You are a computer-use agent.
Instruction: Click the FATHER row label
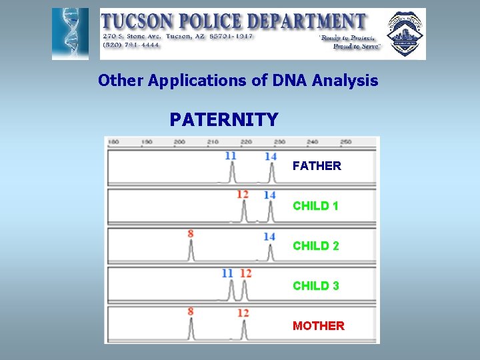coord(317,166)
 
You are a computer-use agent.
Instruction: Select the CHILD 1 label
coord(315,206)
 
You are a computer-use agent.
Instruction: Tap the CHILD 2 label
coord(315,246)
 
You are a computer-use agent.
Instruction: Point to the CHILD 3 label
coord(315,286)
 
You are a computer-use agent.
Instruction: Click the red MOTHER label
coord(318,326)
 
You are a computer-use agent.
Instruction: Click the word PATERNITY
coord(223,120)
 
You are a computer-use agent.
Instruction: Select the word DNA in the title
coord(288,81)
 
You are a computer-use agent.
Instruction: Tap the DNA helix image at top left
coord(70,34)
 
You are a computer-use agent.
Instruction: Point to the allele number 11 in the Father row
coord(230,156)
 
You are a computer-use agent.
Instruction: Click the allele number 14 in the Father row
coord(270,156)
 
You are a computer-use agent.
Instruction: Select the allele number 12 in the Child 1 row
coord(243,195)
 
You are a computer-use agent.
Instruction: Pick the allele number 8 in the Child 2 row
coord(191,233)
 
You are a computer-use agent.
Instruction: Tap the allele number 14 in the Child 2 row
coord(269,237)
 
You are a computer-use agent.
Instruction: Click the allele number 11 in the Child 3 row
coord(227,273)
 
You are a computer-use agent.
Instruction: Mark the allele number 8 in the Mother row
coord(191,311)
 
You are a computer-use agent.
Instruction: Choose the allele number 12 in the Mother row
coord(243,313)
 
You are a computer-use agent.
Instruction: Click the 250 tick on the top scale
coord(345,141)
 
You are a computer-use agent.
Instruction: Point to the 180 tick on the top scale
coord(113,141)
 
